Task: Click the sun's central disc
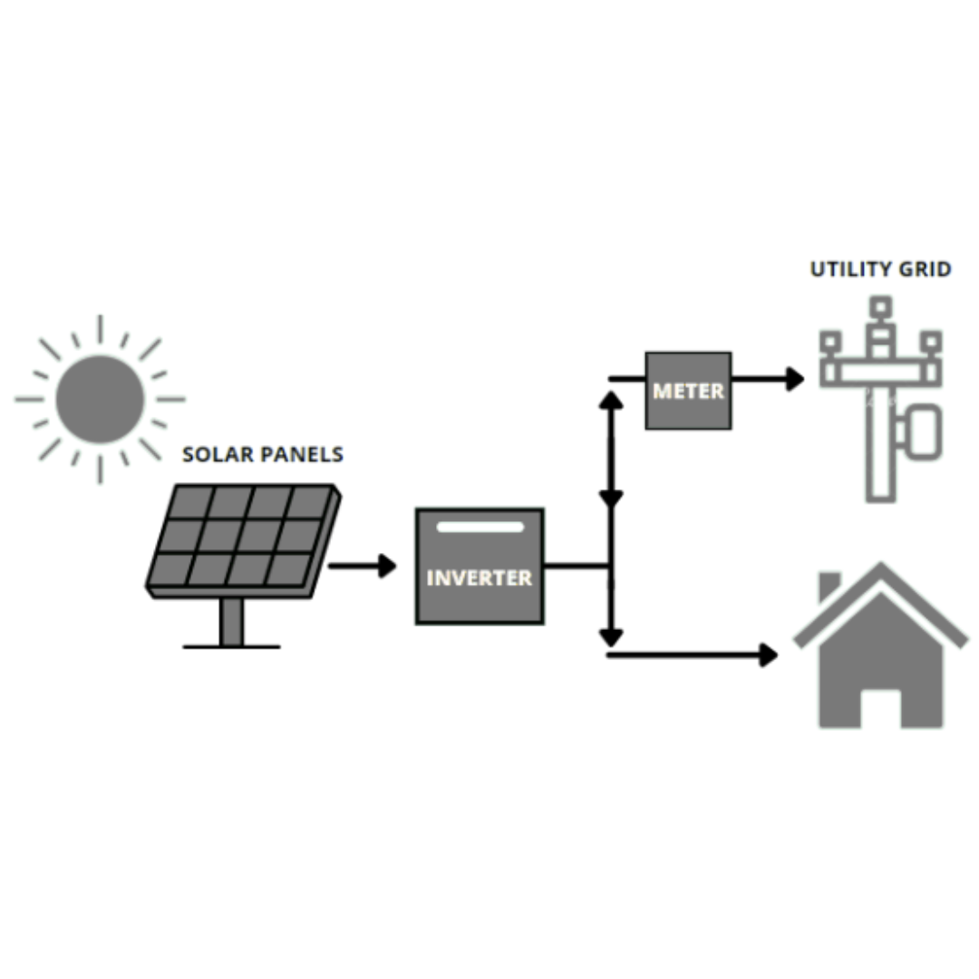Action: (x=100, y=399)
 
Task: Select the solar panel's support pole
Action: (x=232, y=622)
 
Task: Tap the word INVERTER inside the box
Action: (x=480, y=577)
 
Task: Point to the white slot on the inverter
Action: (x=480, y=527)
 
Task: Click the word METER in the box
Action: (x=688, y=392)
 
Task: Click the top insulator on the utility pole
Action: (x=880, y=308)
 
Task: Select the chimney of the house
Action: (x=829, y=586)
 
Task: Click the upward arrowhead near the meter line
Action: (x=612, y=400)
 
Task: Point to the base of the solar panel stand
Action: (x=231, y=646)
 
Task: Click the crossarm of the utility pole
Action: (x=880, y=373)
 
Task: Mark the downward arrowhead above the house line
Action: (x=612, y=636)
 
